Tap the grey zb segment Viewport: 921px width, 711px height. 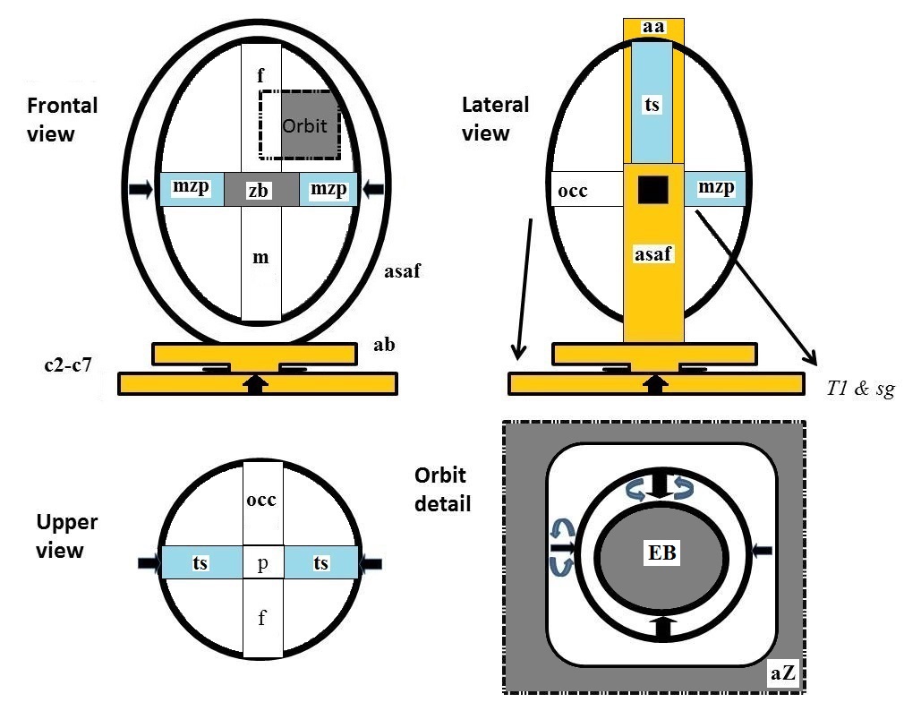(261, 190)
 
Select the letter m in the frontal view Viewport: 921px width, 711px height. (261, 258)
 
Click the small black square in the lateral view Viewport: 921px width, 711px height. (653, 190)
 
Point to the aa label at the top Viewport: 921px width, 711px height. (653, 29)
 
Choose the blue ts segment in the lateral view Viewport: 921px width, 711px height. (653, 104)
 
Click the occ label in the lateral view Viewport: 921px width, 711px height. (571, 191)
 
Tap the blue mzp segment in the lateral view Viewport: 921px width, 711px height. (715, 189)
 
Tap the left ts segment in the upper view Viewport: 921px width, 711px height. (202, 562)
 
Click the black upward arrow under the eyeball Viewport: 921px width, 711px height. (662, 627)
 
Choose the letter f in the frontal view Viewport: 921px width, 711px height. (260, 77)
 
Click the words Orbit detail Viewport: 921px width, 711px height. (442, 489)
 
